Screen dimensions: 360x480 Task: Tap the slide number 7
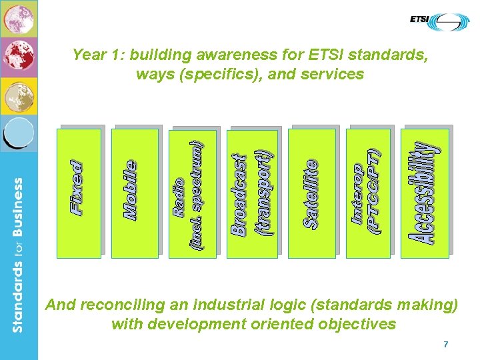446,344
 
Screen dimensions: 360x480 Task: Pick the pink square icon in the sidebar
19,19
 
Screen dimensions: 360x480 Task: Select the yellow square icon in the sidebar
19,96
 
